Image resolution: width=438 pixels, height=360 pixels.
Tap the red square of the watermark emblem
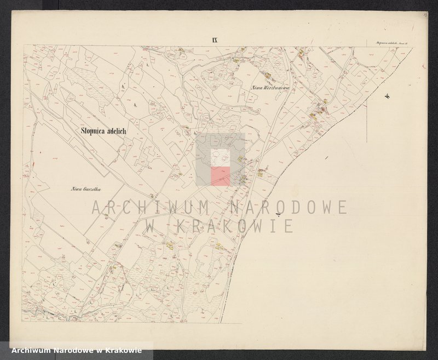[x=221, y=177]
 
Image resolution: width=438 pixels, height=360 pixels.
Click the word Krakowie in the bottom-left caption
[x=126, y=351]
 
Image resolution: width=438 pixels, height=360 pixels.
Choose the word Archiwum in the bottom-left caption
[x=27, y=351]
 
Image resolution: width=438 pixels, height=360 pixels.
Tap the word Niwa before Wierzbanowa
[x=255, y=87]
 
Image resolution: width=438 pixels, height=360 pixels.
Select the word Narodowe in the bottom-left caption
[x=71, y=351]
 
